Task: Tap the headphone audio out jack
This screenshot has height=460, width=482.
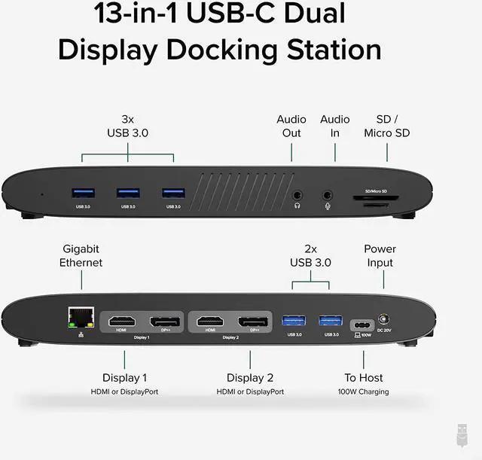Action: pos(299,195)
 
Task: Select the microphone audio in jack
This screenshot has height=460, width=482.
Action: pos(328,195)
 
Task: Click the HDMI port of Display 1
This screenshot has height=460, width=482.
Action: pos(120,321)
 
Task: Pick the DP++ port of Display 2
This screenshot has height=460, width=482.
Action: pos(255,321)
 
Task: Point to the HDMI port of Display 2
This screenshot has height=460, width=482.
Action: pos(211,321)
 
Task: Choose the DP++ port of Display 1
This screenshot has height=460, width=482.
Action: pos(164,321)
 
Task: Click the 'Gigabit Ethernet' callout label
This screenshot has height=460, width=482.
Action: pos(81,256)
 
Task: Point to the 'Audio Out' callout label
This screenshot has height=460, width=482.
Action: pos(291,126)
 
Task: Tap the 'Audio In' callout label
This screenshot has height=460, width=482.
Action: pos(334,126)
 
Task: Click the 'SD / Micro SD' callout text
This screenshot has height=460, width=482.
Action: pos(387,126)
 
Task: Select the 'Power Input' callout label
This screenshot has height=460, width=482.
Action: pos(380,256)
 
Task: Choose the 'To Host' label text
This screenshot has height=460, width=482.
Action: pos(364,377)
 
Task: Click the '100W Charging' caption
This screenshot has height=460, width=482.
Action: pos(364,391)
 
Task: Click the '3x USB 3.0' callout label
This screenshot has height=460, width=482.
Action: pos(127,126)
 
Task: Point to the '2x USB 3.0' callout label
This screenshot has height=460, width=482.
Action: pos(310,256)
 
